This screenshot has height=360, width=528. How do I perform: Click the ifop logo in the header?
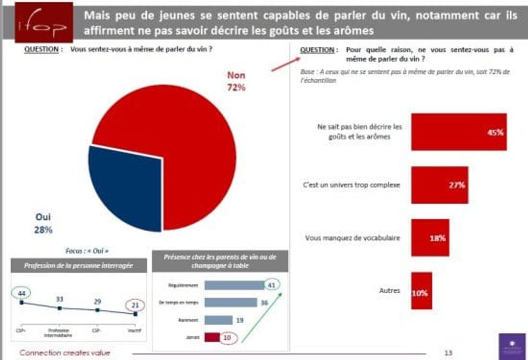click(x=44, y=22)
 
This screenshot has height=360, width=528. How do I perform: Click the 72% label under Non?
click(x=236, y=88)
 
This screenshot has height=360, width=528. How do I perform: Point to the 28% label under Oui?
click(x=43, y=230)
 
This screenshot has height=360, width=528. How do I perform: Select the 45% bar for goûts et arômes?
click(x=458, y=132)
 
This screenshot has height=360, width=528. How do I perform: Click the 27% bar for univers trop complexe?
click(x=439, y=185)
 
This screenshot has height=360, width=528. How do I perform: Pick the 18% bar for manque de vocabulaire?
click(x=430, y=238)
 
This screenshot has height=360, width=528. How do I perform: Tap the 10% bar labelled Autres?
click(x=421, y=291)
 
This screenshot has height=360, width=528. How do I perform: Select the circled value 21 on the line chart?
click(x=136, y=305)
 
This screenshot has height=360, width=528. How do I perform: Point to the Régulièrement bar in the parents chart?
click(x=234, y=285)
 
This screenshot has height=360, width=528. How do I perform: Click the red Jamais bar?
click(x=212, y=338)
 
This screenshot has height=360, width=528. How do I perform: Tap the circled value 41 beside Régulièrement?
click(x=272, y=285)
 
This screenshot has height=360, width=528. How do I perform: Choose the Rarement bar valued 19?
click(x=218, y=320)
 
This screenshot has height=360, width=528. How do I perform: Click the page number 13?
click(x=448, y=353)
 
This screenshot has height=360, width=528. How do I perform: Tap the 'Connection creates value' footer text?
click(x=64, y=353)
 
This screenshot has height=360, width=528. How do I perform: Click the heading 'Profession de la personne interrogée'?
click(x=79, y=266)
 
